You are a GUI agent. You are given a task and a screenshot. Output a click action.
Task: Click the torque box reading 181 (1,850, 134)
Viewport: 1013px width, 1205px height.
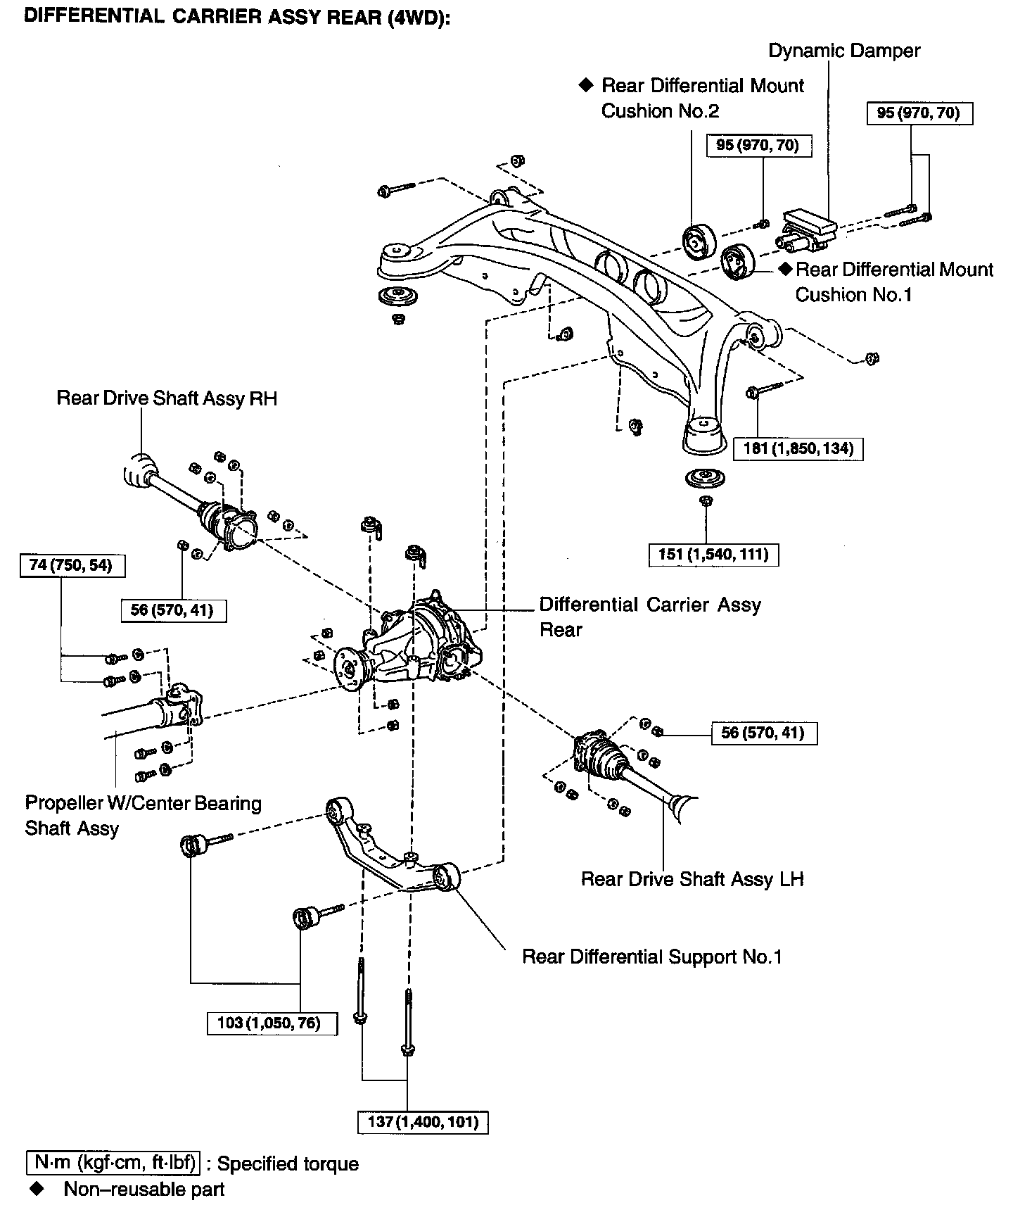(798, 448)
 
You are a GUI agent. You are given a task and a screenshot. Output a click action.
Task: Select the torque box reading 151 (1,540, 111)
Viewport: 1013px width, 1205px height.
(713, 555)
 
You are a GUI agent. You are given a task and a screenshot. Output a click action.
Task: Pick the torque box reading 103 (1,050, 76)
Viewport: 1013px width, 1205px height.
(272, 1023)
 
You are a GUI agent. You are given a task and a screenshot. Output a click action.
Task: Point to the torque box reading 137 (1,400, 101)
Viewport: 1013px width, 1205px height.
(423, 1121)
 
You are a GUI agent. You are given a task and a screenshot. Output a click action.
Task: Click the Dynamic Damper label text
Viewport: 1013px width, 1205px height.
(843, 51)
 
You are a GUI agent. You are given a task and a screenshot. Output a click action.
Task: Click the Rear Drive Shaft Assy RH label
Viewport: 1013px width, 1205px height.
(167, 398)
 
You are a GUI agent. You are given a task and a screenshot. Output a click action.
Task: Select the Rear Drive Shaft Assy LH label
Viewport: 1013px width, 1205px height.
(692, 879)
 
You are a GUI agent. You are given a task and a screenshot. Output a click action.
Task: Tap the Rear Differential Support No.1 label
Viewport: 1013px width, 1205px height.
(651, 957)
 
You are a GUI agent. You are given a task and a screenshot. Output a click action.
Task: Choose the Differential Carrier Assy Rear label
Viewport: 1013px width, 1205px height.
(649, 617)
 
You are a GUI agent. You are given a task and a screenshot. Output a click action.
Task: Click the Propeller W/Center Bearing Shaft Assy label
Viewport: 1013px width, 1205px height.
(143, 815)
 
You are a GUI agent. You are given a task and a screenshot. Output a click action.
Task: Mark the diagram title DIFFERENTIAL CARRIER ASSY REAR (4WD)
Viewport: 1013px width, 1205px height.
(236, 17)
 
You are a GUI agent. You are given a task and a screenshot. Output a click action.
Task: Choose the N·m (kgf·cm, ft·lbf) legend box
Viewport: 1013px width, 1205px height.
(113, 1163)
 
